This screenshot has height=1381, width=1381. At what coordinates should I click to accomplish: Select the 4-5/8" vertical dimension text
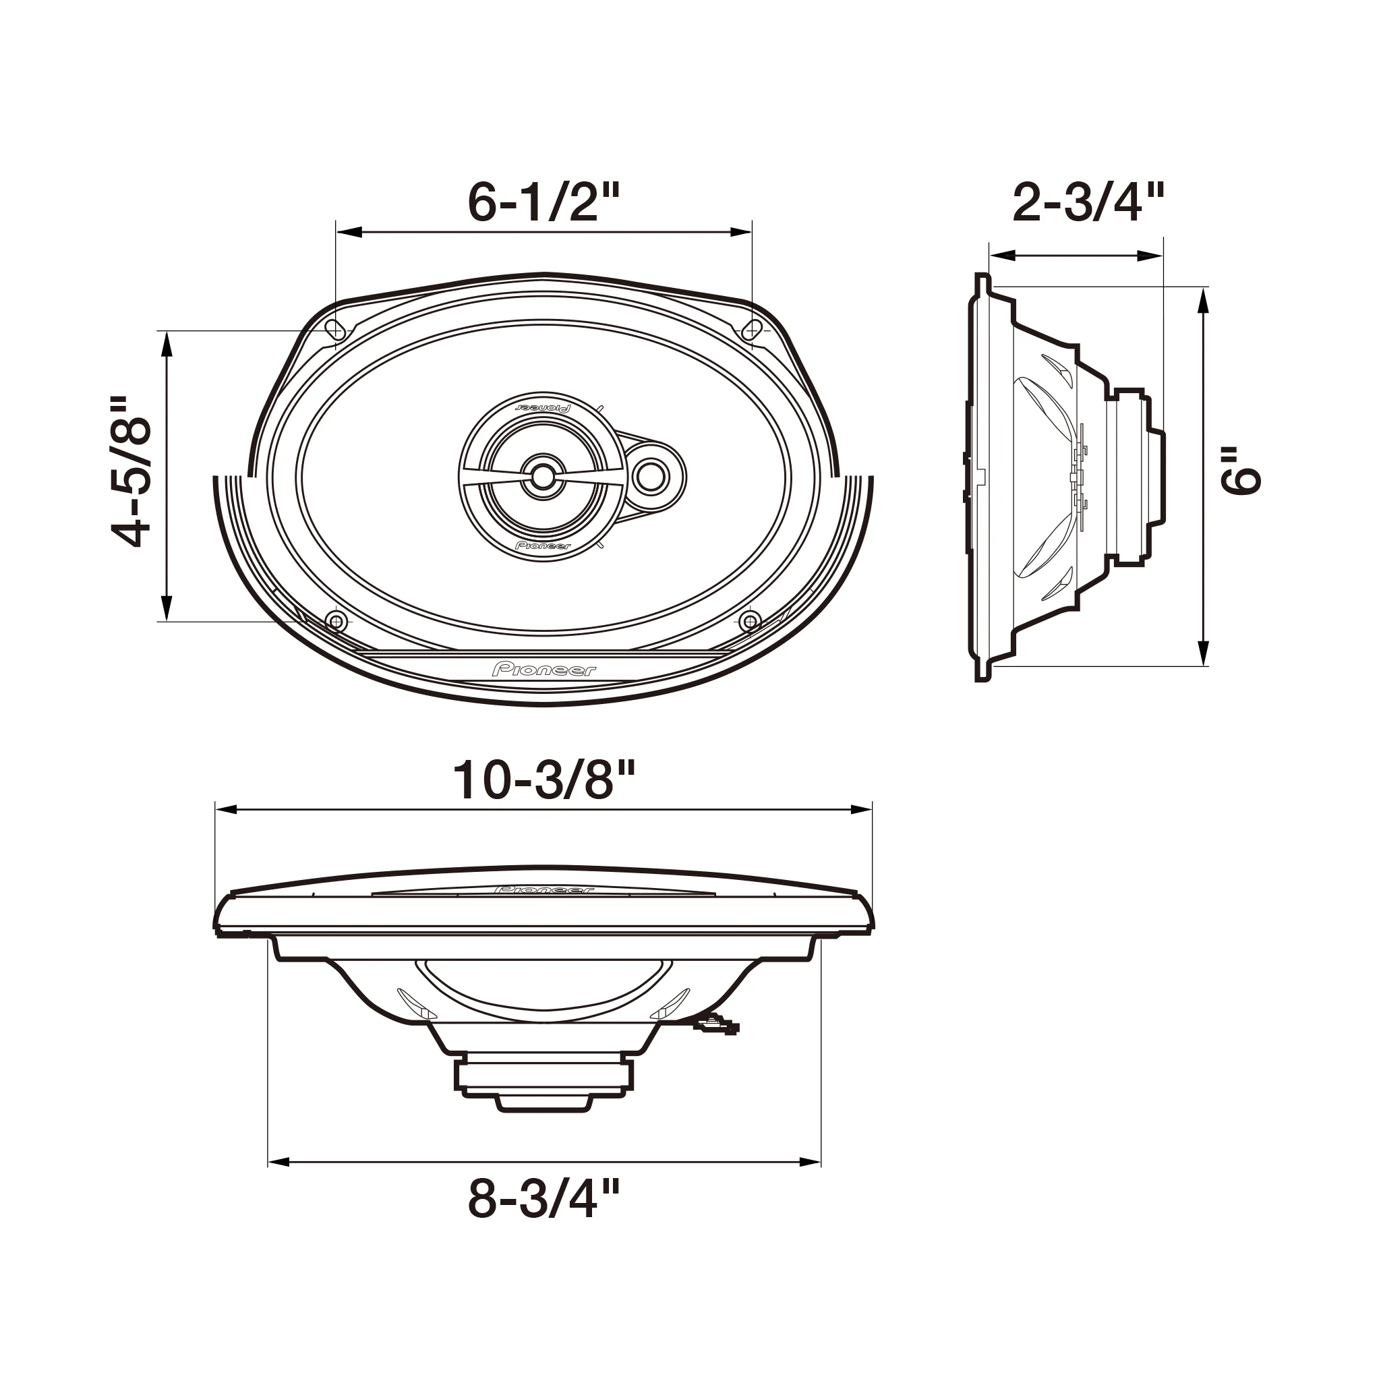(132, 473)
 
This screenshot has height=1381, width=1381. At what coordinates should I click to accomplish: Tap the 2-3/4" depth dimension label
(1088, 203)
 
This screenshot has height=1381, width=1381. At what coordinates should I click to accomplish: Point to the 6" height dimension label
(1240, 472)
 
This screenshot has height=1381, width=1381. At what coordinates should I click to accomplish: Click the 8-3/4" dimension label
(543, 1199)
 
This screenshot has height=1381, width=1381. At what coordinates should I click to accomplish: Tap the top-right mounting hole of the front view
(752, 330)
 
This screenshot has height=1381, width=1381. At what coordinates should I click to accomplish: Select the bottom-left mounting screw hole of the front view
(335, 620)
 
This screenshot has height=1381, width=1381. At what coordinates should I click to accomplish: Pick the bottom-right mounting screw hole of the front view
(750, 620)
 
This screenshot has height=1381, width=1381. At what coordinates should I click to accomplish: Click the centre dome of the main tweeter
(543, 474)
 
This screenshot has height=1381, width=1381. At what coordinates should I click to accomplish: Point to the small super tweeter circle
(651, 476)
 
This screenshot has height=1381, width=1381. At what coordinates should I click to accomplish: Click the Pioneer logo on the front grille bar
(543, 669)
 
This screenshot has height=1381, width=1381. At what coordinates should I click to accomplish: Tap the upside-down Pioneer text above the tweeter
(543, 407)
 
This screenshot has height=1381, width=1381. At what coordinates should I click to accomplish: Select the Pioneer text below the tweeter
(543, 546)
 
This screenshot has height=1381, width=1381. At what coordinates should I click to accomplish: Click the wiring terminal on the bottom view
(716, 1027)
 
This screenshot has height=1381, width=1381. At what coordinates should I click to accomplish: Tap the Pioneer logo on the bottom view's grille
(543, 891)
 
